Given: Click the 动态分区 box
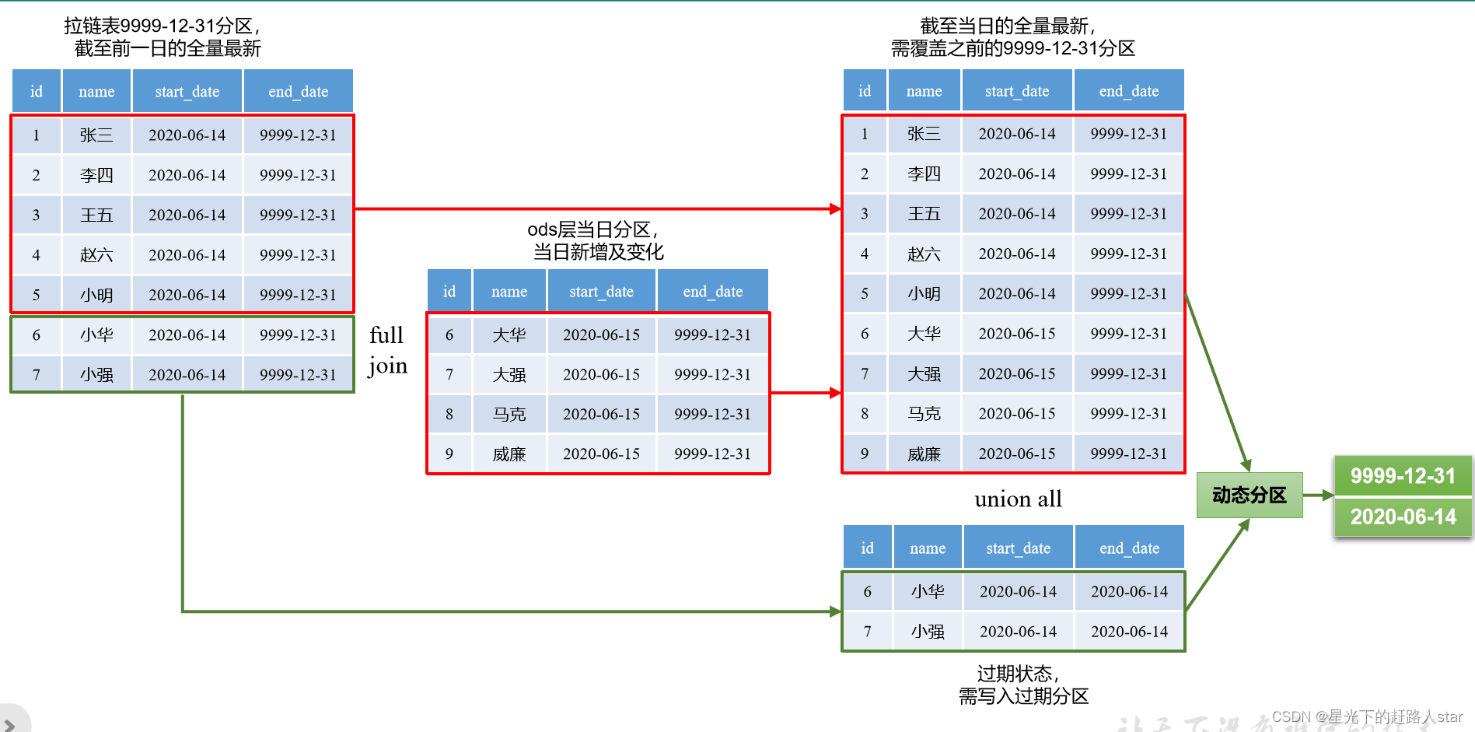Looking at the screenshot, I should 1249,495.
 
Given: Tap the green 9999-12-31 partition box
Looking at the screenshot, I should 1403,475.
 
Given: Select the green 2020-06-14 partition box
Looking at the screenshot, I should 1403,517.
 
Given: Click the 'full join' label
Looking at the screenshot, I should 387,350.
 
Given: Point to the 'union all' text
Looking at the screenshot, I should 1018,499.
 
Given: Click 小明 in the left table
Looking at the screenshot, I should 96,295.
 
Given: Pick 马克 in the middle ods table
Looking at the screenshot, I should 509,414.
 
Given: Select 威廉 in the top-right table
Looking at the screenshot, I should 924,454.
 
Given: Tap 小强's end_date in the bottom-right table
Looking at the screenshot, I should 1129,632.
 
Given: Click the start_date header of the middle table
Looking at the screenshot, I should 601,292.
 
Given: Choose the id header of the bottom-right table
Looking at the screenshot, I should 867,548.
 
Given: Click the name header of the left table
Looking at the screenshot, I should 96,92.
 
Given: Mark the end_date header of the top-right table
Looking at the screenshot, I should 1128,91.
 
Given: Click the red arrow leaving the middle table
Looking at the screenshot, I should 806,393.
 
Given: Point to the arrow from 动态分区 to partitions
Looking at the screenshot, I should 1318,495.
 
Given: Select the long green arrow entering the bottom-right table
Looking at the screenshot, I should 505,611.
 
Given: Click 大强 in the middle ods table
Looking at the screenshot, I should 509,374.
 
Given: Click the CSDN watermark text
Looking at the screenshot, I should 1367,716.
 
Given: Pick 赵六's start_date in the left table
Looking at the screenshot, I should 187,255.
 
